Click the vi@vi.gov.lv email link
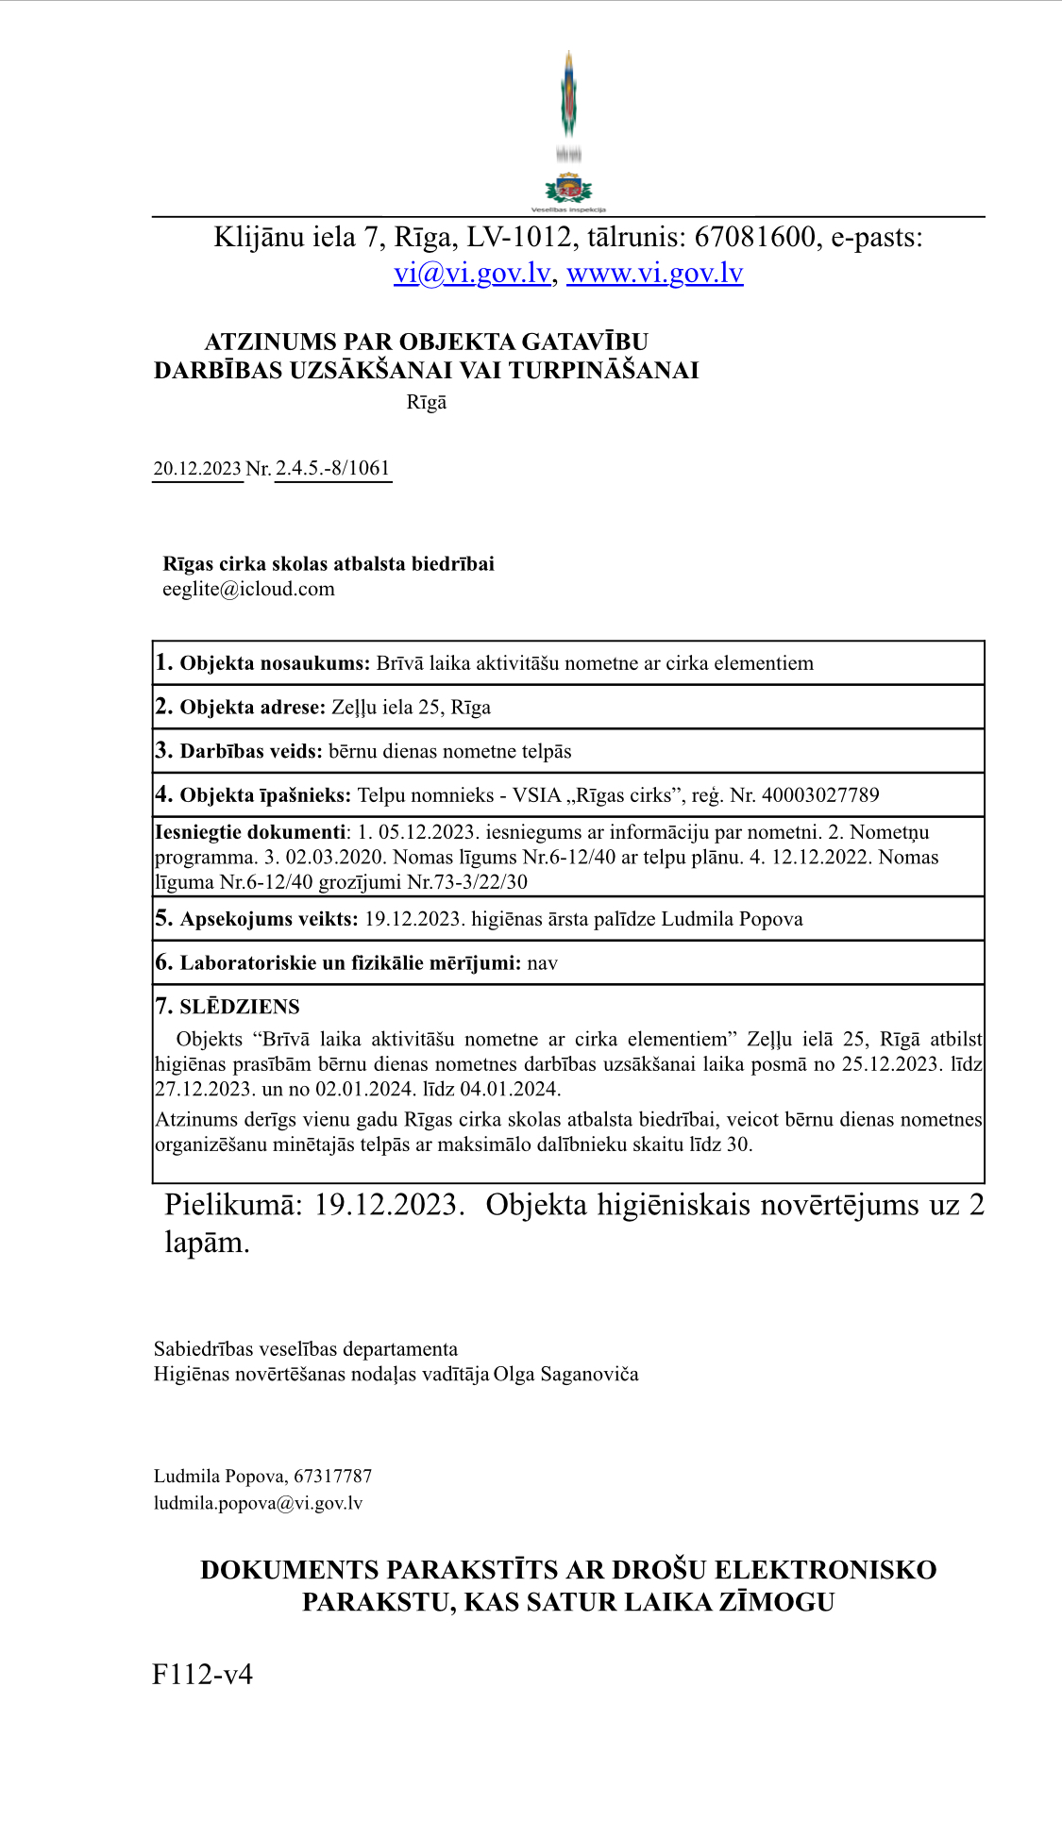(x=472, y=274)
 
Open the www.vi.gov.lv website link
(x=654, y=274)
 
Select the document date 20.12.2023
(x=197, y=469)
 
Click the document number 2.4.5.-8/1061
(x=332, y=469)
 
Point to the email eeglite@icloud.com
(x=248, y=590)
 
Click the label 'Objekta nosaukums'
(x=274, y=663)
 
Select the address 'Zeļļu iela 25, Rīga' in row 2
(x=411, y=708)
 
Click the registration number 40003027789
(x=819, y=795)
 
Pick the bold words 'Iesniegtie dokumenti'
(x=250, y=832)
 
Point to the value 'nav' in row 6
(x=542, y=963)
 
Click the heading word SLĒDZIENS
(x=240, y=1007)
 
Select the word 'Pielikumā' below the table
(x=232, y=1206)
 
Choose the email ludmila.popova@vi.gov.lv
(x=258, y=1503)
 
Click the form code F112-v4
(x=202, y=1675)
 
